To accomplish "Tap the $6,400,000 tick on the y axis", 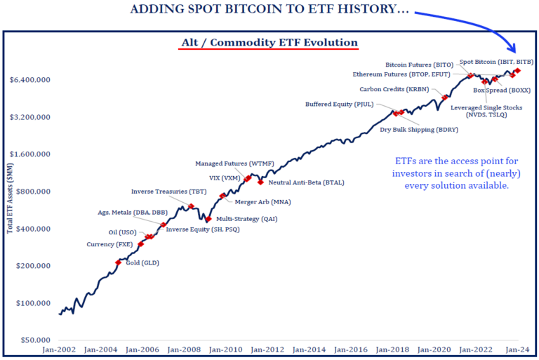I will pos(29,80).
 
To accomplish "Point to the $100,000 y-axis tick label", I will pos(31,303).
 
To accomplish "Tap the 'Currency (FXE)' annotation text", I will pos(108,244).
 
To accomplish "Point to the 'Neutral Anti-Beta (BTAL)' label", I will pos(303,182).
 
